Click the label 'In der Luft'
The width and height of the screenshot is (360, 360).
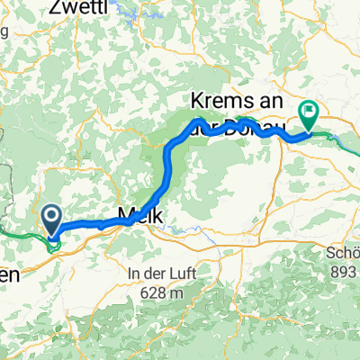(x=163, y=273)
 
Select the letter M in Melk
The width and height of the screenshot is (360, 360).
(x=124, y=214)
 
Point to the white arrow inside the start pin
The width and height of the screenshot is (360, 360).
(x=50, y=216)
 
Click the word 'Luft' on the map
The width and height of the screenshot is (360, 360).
(x=186, y=273)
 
